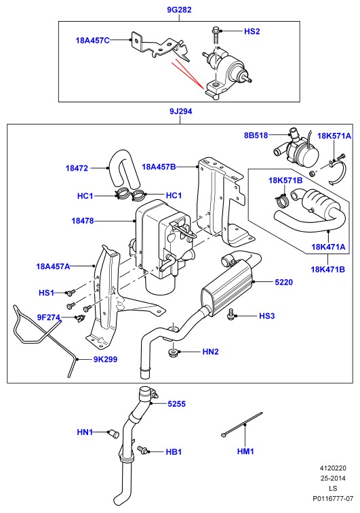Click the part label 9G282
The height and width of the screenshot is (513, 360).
(179, 9)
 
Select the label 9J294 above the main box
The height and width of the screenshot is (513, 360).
(180, 111)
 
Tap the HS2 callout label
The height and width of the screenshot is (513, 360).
(252, 31)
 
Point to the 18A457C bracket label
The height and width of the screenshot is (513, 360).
(93, 41)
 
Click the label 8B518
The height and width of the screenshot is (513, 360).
(256, 135)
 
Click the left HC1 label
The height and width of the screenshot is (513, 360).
(85, 196)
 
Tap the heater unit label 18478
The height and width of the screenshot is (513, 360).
(83, 221)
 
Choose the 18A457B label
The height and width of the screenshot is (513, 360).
(159, 167)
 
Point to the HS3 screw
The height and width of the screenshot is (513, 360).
(231, 314)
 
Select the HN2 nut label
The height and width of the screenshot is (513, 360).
(210, 352)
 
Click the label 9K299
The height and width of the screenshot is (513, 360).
(105, 359)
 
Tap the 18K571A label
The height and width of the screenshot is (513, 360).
(334, 136)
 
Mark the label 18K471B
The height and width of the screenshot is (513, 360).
(328, 269)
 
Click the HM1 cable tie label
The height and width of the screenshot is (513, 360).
(245, 451)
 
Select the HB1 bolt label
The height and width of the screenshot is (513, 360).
(174, 452)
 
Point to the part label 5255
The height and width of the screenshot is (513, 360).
(177, 404)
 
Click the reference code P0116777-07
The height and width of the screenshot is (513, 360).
(333, 499)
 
